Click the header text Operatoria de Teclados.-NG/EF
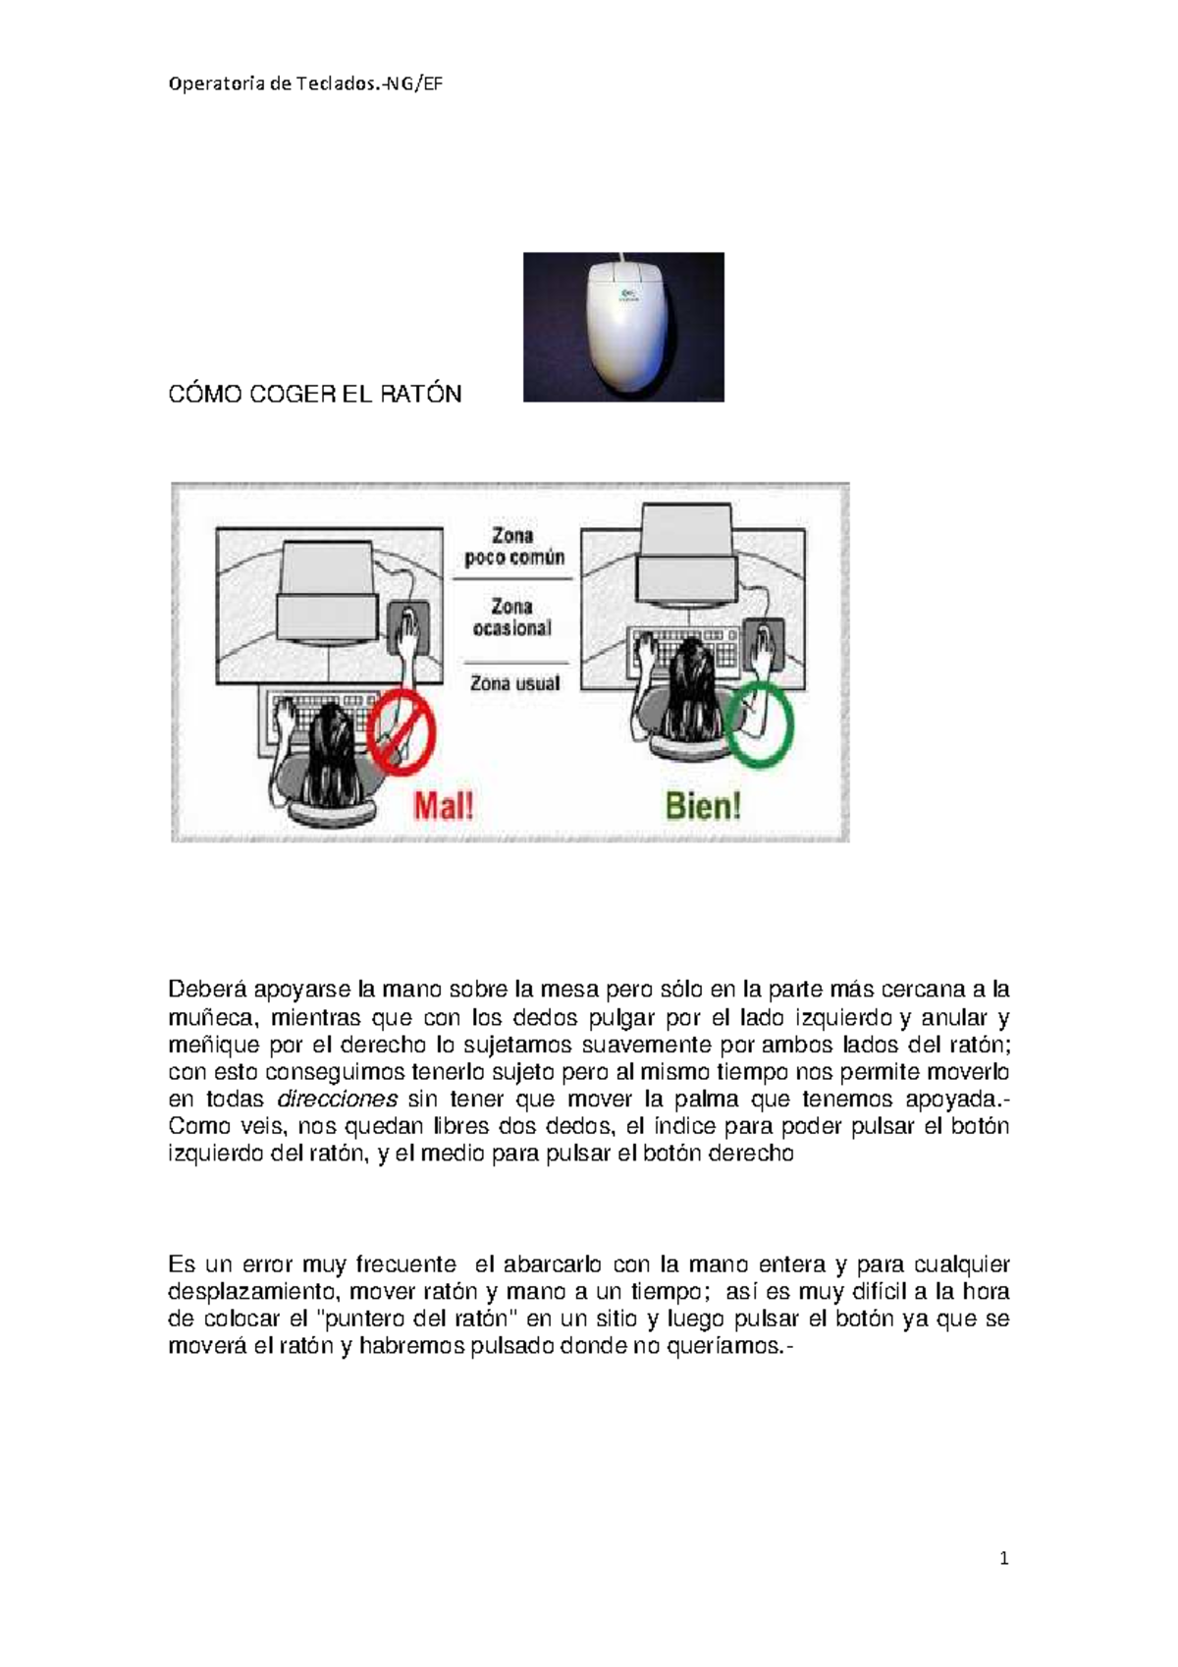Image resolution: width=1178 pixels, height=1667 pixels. pyautogui.click(x=305, y=83)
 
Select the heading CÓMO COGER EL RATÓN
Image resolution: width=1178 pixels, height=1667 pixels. pyautogui.click(x=314, y=394)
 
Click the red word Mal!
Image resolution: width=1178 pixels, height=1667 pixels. pyautogui.click(x=443, y=806)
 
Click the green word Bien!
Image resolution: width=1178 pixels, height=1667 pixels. pyautogui.click(x=703, y=806)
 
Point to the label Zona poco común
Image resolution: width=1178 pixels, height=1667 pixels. pyautogui.click(x=513, y=547)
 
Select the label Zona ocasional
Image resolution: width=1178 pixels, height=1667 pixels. pyautogui.click(x=511, y=618)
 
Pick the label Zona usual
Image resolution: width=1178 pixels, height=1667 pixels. pyautogui.click(x=514, y=683)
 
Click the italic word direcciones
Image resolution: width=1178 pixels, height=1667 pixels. pyautogui.click(x=338, y=1099)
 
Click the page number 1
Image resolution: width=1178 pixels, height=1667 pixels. pyautogui.click(x=1003, y=1558)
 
